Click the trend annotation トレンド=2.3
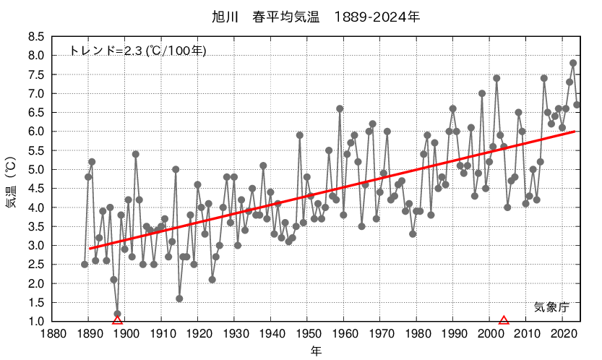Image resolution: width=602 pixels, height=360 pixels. [x=138, y=51]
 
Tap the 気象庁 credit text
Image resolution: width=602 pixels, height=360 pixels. [x=553, y=306]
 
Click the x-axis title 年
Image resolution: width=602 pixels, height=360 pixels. [x=317, y=351]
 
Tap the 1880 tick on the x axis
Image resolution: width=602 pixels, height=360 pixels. [x=51, y=334]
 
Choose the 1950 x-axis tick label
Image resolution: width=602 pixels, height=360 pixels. [x=307, y=334]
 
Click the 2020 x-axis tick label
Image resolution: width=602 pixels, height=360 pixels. [x=562, y=334]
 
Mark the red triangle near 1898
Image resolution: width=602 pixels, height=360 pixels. [x=117, y=320]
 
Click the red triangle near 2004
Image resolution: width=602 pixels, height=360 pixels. [x=504, y=320]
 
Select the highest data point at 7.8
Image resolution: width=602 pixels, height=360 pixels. [x=573, y=63]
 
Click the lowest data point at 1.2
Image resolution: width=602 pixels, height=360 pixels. [x=117, y=313]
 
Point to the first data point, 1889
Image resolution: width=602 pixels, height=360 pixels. [x=85, y=264]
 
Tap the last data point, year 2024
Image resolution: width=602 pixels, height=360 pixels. [x=577, y=105]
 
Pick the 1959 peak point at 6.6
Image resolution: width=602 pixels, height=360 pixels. [x=340, y=108]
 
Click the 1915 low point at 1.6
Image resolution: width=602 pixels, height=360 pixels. [x=179, y=298]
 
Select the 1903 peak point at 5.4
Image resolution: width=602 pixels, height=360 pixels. [x=135, y=154]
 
